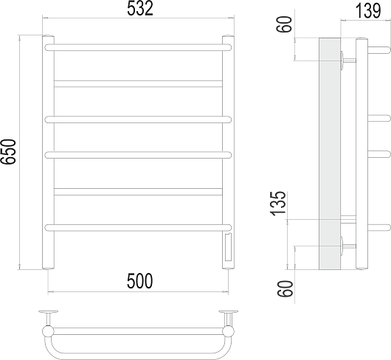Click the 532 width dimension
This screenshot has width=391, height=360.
click(x=140, y=9)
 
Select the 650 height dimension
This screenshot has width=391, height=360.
click(x=8, y=151)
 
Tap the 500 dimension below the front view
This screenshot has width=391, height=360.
click(x=139, y=281)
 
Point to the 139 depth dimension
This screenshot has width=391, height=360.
click(x=368, y=11)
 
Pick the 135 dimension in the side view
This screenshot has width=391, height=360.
click(x=278, y=203)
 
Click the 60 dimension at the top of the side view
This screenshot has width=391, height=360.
click(x=284, y=24)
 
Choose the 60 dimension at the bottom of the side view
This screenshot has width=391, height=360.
click(x=286, y=288)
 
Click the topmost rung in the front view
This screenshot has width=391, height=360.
click(x=138, y=47)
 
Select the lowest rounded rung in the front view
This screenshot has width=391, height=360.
click(x=138, y=228)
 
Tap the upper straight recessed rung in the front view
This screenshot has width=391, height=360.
click(x=138, y=84)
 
